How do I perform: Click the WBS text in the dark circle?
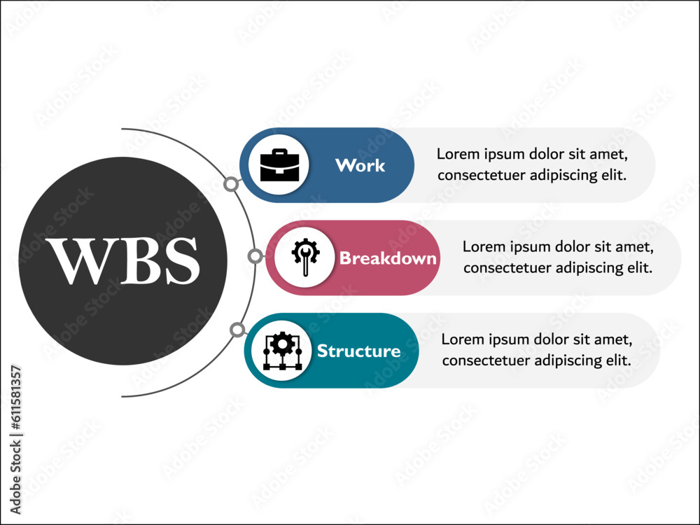122,261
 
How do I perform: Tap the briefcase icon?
279,166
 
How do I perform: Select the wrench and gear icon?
304,258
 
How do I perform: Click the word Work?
360,166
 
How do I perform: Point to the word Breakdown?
388,258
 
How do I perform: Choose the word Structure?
359,351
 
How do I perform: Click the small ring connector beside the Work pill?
230,184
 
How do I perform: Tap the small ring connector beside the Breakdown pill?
255,257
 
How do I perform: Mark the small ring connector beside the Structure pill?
237,330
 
